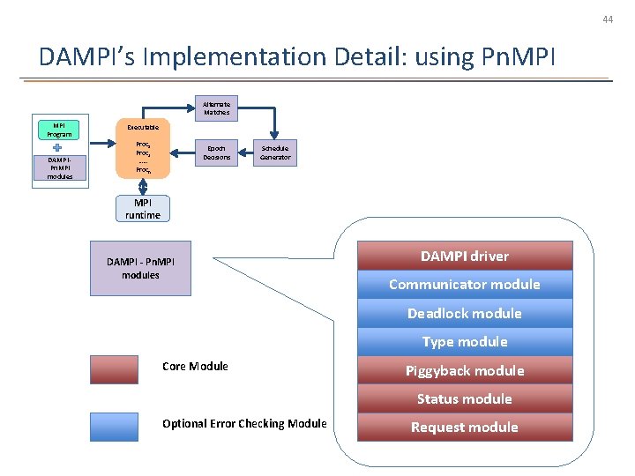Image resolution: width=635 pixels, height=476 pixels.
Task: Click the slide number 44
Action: tap(607, 19)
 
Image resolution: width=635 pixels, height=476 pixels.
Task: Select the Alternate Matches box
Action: tap(216, 108)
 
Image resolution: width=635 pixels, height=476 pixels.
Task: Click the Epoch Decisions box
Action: tap(216, 152)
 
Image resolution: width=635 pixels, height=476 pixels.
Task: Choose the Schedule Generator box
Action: tap(275, 152)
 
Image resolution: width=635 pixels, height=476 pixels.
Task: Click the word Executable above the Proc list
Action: tap(143, 128)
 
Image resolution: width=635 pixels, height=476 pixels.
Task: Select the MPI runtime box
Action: tap(142, 210)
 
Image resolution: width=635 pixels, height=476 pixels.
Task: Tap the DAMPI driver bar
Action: tap(465, 256)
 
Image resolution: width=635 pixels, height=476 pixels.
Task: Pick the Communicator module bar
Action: tap(465, 284)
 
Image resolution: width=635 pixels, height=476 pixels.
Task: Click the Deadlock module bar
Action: tap(465, 313)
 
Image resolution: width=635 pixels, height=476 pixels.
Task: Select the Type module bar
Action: tap(465, 341)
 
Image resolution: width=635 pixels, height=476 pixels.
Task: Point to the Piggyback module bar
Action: tap(465, 370)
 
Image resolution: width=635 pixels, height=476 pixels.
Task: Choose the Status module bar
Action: tap(465, 398)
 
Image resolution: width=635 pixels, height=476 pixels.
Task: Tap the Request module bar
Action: tap(465, 428)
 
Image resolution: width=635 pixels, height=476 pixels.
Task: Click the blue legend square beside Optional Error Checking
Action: tap(114, 426)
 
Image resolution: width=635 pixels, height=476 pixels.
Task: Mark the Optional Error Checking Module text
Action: tap(244, 424)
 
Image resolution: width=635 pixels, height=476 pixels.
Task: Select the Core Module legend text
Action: tap(195, 366)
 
